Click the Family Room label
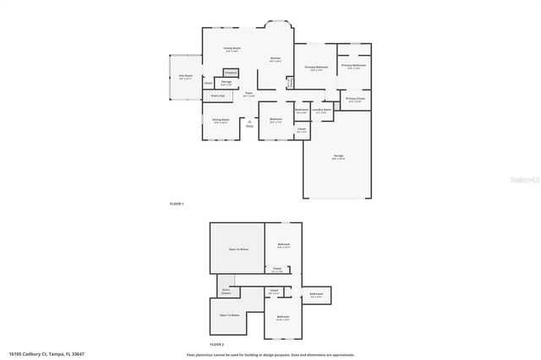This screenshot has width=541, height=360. tap(232, 49)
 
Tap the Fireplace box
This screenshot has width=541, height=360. tap(231, 74)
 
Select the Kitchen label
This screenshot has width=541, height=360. tap(276, 59)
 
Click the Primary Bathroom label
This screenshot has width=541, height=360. tap(353, 66)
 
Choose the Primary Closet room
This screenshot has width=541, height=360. tap(354, 100)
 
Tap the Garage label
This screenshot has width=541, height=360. tap(338, 156)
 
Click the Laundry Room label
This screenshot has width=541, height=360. tap(321, 110)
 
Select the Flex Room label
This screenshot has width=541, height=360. tap(185, 77)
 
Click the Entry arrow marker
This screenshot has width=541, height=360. tap(249, 123)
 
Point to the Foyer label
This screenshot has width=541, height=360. tap(249, 95)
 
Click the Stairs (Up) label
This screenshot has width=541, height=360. tap(217, 95)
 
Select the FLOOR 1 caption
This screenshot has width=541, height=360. tap(176, 204)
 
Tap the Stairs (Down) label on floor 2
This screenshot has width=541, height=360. tap(226, 291)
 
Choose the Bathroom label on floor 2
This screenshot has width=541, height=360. tap(316, 295)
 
